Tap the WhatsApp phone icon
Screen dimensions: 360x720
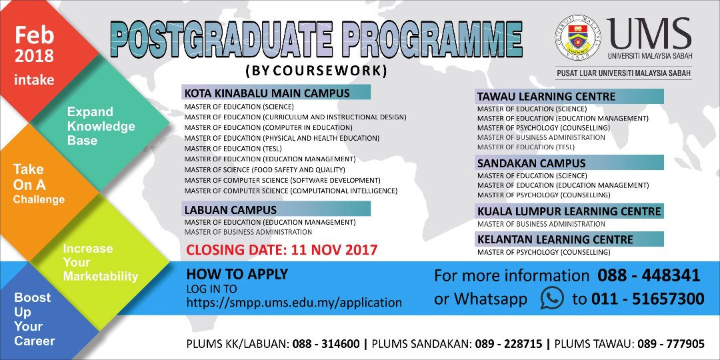click(551, 298)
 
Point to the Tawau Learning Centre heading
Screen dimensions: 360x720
click(546, 97)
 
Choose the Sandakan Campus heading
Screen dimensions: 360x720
click(531, 163)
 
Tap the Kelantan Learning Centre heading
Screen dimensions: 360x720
click(555, 239)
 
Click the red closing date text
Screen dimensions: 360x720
click(281, 251)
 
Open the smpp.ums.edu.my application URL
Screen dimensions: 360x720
click(294, 303)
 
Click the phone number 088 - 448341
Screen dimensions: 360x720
click(649, 275)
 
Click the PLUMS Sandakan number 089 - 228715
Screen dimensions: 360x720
click(507, 344)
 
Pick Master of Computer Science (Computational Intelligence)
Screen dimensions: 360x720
click(291, 191)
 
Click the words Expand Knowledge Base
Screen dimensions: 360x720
click(101, 126)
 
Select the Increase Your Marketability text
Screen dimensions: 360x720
click(100, 262)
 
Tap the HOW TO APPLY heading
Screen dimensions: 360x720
click(237, 274)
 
